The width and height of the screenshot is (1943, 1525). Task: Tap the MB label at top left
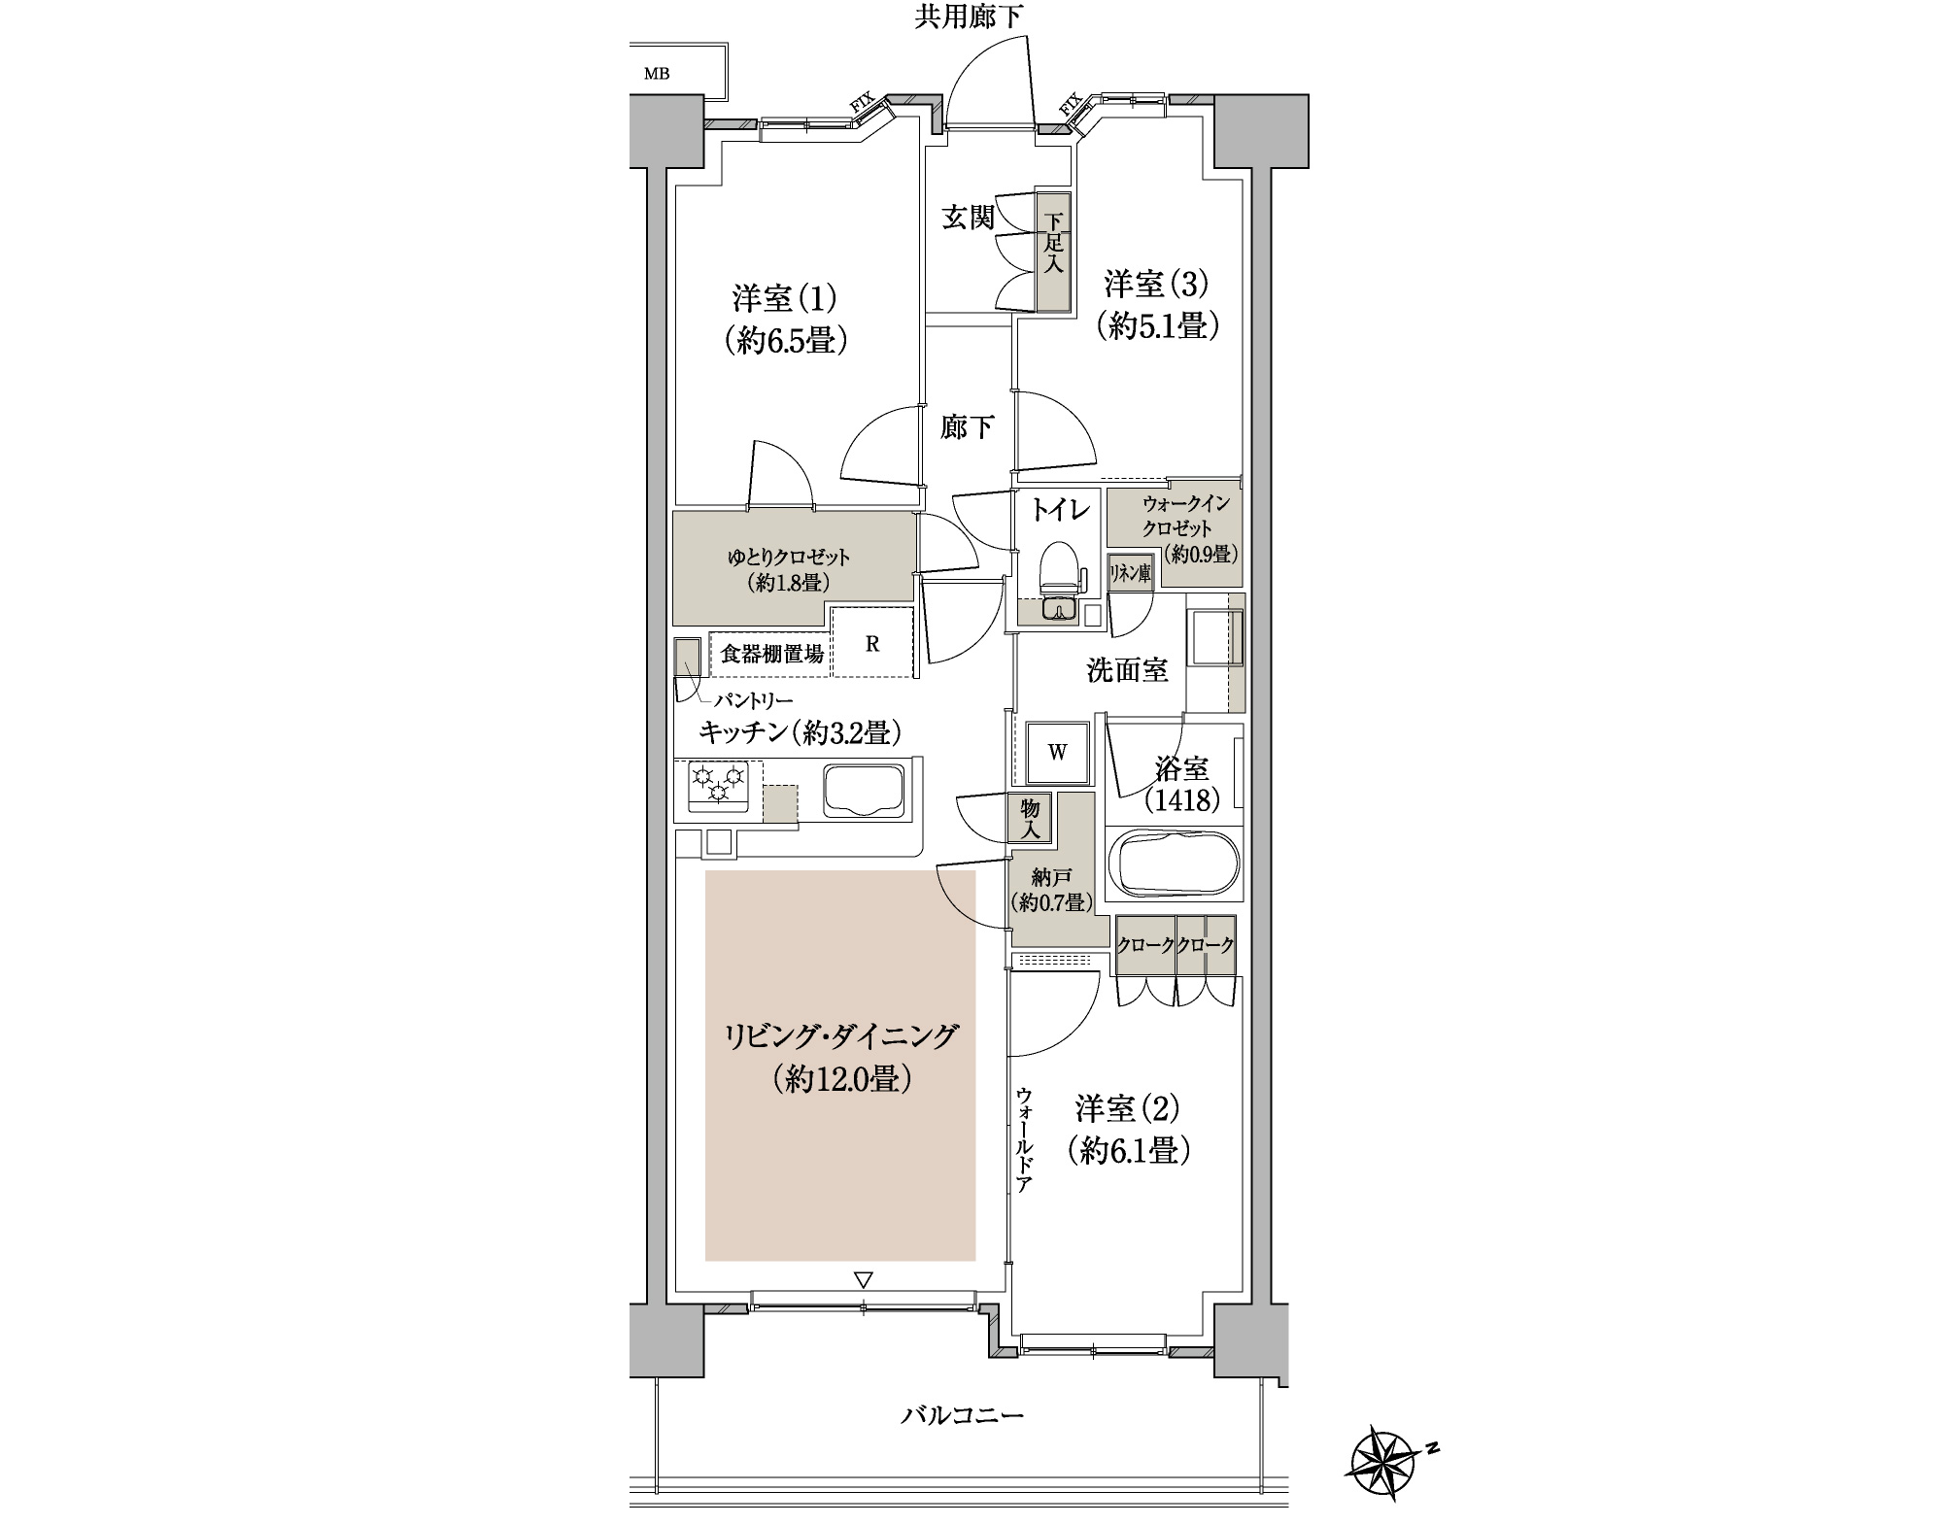click(657, 74)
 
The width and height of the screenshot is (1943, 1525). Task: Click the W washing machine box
click(1057, 752)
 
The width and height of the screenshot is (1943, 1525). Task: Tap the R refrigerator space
click(872, 643)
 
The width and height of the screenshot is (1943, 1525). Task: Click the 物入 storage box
click(1031, 819)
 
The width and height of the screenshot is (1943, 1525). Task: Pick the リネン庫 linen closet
click(1131, 574)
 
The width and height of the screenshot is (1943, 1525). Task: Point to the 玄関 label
click(970, 218)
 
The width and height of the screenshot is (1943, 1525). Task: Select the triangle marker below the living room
click(864, 1280)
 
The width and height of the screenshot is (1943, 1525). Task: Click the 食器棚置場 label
click(772, 654)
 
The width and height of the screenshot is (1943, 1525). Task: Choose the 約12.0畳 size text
click(841, 1079)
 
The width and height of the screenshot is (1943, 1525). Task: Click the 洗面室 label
click(1127, 669)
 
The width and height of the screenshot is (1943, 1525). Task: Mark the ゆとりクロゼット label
click(789, 558)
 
